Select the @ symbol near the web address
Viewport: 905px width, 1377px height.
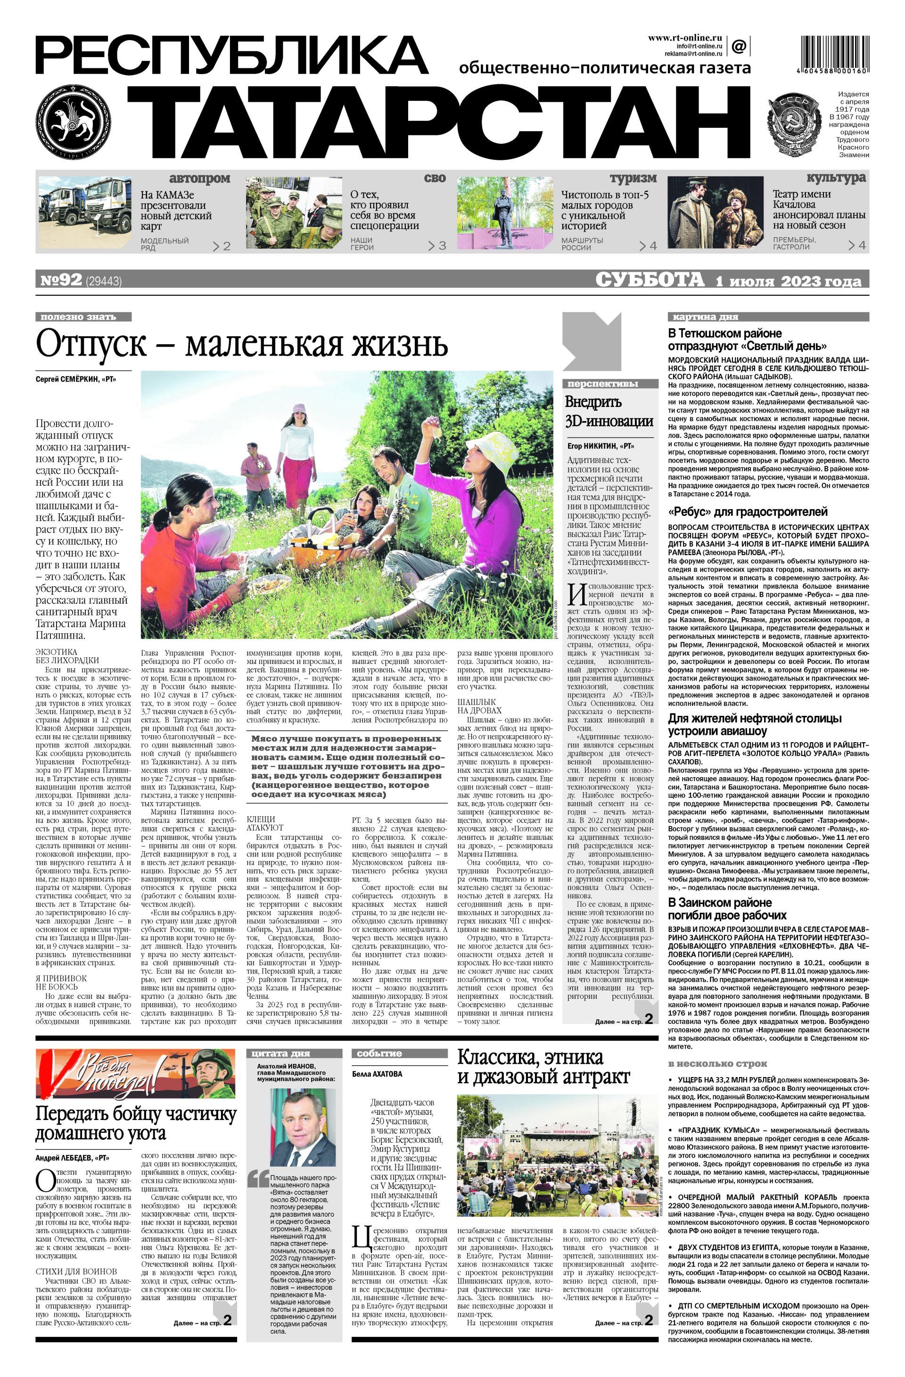coord(739,46)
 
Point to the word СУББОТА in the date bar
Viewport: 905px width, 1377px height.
coord(650,280)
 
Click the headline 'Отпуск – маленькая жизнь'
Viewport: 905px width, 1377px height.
coord(242,345)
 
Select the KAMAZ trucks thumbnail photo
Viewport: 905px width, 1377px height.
coord(85,212)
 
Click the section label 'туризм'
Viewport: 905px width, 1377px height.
coord(633,178)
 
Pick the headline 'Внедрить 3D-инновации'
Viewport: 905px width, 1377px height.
coord(609,411)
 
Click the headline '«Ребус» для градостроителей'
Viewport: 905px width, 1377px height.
coord(747,512)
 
